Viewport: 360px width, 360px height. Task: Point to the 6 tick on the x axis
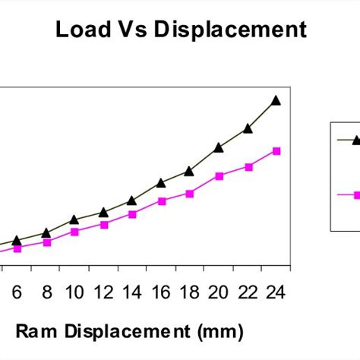18,293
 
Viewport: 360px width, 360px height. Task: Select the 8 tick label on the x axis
46,293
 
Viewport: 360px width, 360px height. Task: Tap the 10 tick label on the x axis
74,293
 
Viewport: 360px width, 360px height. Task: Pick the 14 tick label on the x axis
131,293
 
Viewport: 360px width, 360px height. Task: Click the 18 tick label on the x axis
189,293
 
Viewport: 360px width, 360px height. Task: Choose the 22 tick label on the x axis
248,293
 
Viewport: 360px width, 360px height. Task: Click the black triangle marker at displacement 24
276,100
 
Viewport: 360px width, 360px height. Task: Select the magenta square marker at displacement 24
276,151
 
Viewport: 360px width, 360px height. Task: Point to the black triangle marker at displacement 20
219,147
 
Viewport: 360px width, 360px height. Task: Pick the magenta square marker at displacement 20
219,176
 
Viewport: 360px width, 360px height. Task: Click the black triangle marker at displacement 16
161,183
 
